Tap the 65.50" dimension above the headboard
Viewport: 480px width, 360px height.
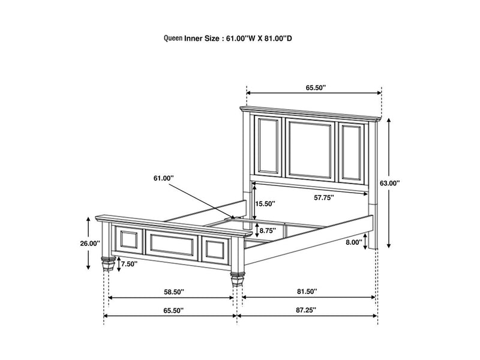click(x=315, y=88)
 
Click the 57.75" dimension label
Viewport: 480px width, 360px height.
click(x=324, y=197)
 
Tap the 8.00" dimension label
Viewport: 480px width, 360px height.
click(x=353, y=242)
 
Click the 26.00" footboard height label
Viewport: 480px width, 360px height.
click(x=90, y=243)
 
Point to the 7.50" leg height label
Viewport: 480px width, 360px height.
click(x=129, y=263)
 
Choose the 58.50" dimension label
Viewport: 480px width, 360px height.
click(x=173, y=292)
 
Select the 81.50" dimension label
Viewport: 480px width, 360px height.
click(x=307, y=292)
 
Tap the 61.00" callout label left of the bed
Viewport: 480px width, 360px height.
click(x=163, y=178)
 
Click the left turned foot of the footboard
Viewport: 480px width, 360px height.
click(x=108, y=264)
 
